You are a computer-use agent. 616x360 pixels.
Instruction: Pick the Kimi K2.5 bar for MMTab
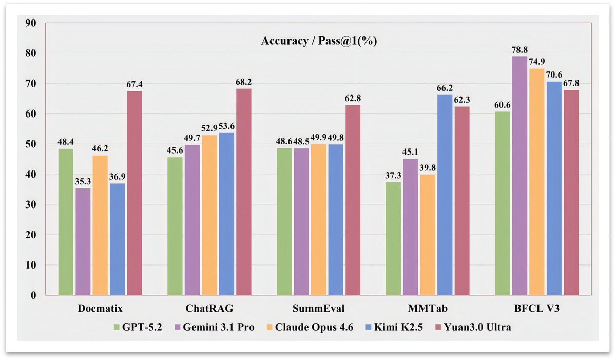445,195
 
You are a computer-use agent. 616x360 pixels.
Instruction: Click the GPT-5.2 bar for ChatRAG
175,226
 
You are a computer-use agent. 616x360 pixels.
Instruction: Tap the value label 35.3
83,181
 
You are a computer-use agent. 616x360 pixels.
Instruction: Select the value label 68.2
244,82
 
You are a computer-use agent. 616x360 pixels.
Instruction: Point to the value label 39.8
428,167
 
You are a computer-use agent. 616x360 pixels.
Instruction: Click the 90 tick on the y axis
30,23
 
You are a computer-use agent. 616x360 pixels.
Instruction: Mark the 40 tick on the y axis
30,175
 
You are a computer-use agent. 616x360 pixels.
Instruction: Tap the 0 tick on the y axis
33,296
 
